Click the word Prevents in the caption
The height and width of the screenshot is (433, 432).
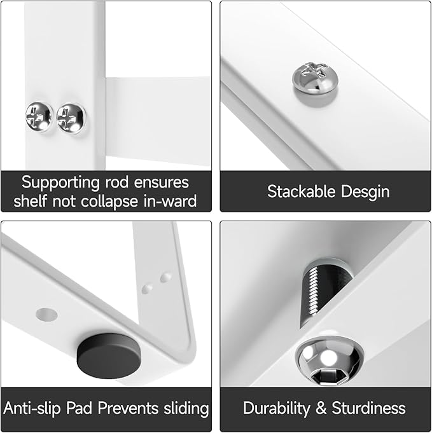(x=125, y=408)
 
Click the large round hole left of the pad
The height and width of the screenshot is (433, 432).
(x=46, y=314)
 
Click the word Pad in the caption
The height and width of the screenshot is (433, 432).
(x=80, y=408)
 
